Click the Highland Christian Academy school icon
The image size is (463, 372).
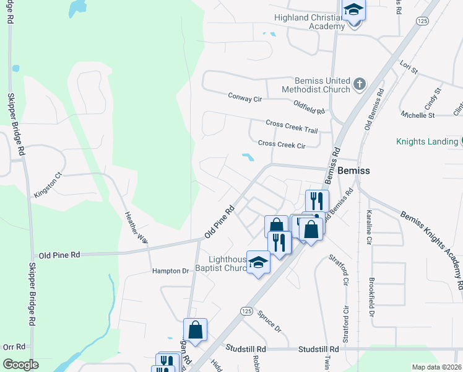pos(354,11)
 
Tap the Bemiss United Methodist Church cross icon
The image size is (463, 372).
pos(360,84)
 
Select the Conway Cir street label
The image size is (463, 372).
pos(245,97)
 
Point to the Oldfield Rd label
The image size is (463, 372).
pos(309,107)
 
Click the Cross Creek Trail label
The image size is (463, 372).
pos(292,126)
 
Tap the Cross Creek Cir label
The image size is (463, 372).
pos(282,144)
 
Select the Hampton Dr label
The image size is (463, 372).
pos(170,271)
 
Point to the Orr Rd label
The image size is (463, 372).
pos(14,347)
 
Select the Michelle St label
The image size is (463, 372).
pos(418,115)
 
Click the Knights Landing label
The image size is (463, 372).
pos(427,141)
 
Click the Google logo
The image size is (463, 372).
pos(21,365)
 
